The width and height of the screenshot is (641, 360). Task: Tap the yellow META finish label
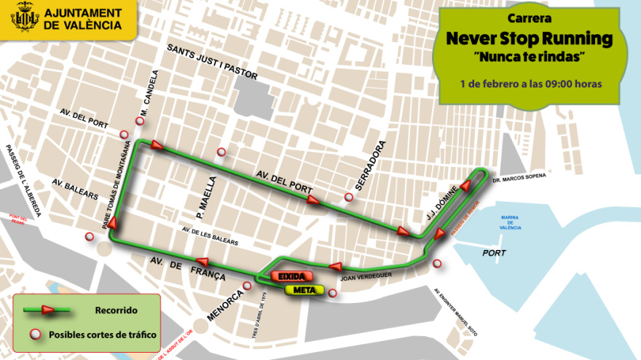(304, 290)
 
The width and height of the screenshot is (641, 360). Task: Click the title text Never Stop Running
(529, 39)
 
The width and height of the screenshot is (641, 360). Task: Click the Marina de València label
(510, 223)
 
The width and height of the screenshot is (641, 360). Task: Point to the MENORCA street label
(239, 301)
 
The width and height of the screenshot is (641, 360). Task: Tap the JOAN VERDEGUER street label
(367, 276)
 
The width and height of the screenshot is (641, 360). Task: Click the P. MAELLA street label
(210, 197)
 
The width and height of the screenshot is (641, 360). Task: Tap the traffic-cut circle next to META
(332, 294)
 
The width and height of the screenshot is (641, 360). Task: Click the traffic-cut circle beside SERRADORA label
(349, 197)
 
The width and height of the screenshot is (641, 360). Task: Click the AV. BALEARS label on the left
(75, 189)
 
